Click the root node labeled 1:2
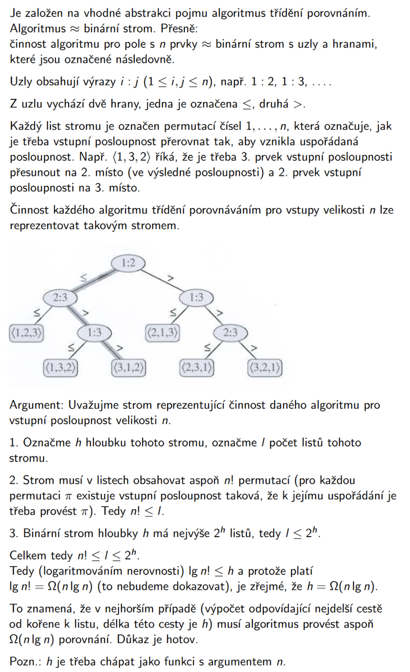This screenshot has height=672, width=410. (x=128, y=264)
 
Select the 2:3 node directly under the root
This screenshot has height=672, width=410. (x=60, y=298)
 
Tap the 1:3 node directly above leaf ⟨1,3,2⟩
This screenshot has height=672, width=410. (x=94, y=333)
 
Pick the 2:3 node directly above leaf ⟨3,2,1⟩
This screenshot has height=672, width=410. (x=230, y=333)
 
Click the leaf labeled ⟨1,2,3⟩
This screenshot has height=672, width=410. (x=26, y=333)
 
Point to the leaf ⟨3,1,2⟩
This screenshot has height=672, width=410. (x=128, y=368)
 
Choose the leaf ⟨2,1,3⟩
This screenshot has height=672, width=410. (x=162, y=333)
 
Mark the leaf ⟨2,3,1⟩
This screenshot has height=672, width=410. (x=196, y=368)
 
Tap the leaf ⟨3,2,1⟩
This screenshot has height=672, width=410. (x=264, y=368)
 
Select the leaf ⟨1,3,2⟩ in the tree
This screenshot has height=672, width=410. (x=60, y=368)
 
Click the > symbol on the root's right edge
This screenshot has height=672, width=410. (x=169, y=278)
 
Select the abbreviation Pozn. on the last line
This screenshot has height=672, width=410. (x=24, y=661)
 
